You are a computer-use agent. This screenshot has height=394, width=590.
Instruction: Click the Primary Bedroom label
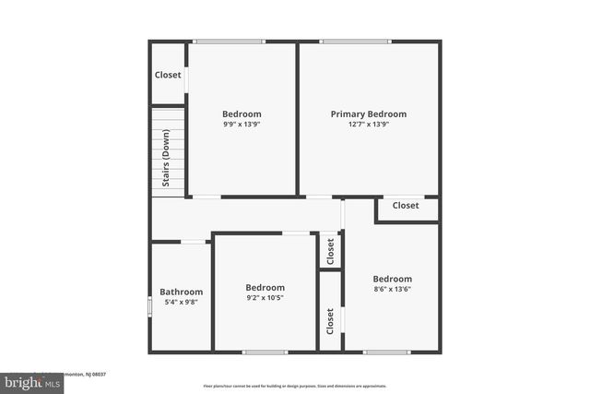(369, 114)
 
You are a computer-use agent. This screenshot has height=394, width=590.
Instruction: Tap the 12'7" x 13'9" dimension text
(369, 125)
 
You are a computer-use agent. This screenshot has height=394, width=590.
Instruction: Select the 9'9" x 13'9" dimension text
(242, 125)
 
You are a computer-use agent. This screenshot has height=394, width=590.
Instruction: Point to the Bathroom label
(181, 291)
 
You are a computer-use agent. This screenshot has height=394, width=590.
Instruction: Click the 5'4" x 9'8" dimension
(181, 301)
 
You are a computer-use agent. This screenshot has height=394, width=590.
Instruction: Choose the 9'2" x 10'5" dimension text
(265, 298)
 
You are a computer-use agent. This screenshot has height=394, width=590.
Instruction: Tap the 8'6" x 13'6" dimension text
(392, 289)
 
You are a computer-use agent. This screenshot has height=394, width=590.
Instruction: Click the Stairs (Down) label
(166, 158)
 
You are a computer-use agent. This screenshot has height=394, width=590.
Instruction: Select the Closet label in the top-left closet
(168, 75)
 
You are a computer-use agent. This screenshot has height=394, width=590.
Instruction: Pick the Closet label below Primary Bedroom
(406, 206)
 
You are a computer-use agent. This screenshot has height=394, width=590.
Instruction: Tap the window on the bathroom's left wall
(150, 304)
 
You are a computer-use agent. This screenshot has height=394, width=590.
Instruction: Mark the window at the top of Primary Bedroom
(356, 41)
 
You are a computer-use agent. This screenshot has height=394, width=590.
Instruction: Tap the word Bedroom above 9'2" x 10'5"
(265, 288)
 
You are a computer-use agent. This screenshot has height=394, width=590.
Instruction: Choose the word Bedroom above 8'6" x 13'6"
(392, 279)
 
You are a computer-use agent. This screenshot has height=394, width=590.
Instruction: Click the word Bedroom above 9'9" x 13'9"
(242, 114)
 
